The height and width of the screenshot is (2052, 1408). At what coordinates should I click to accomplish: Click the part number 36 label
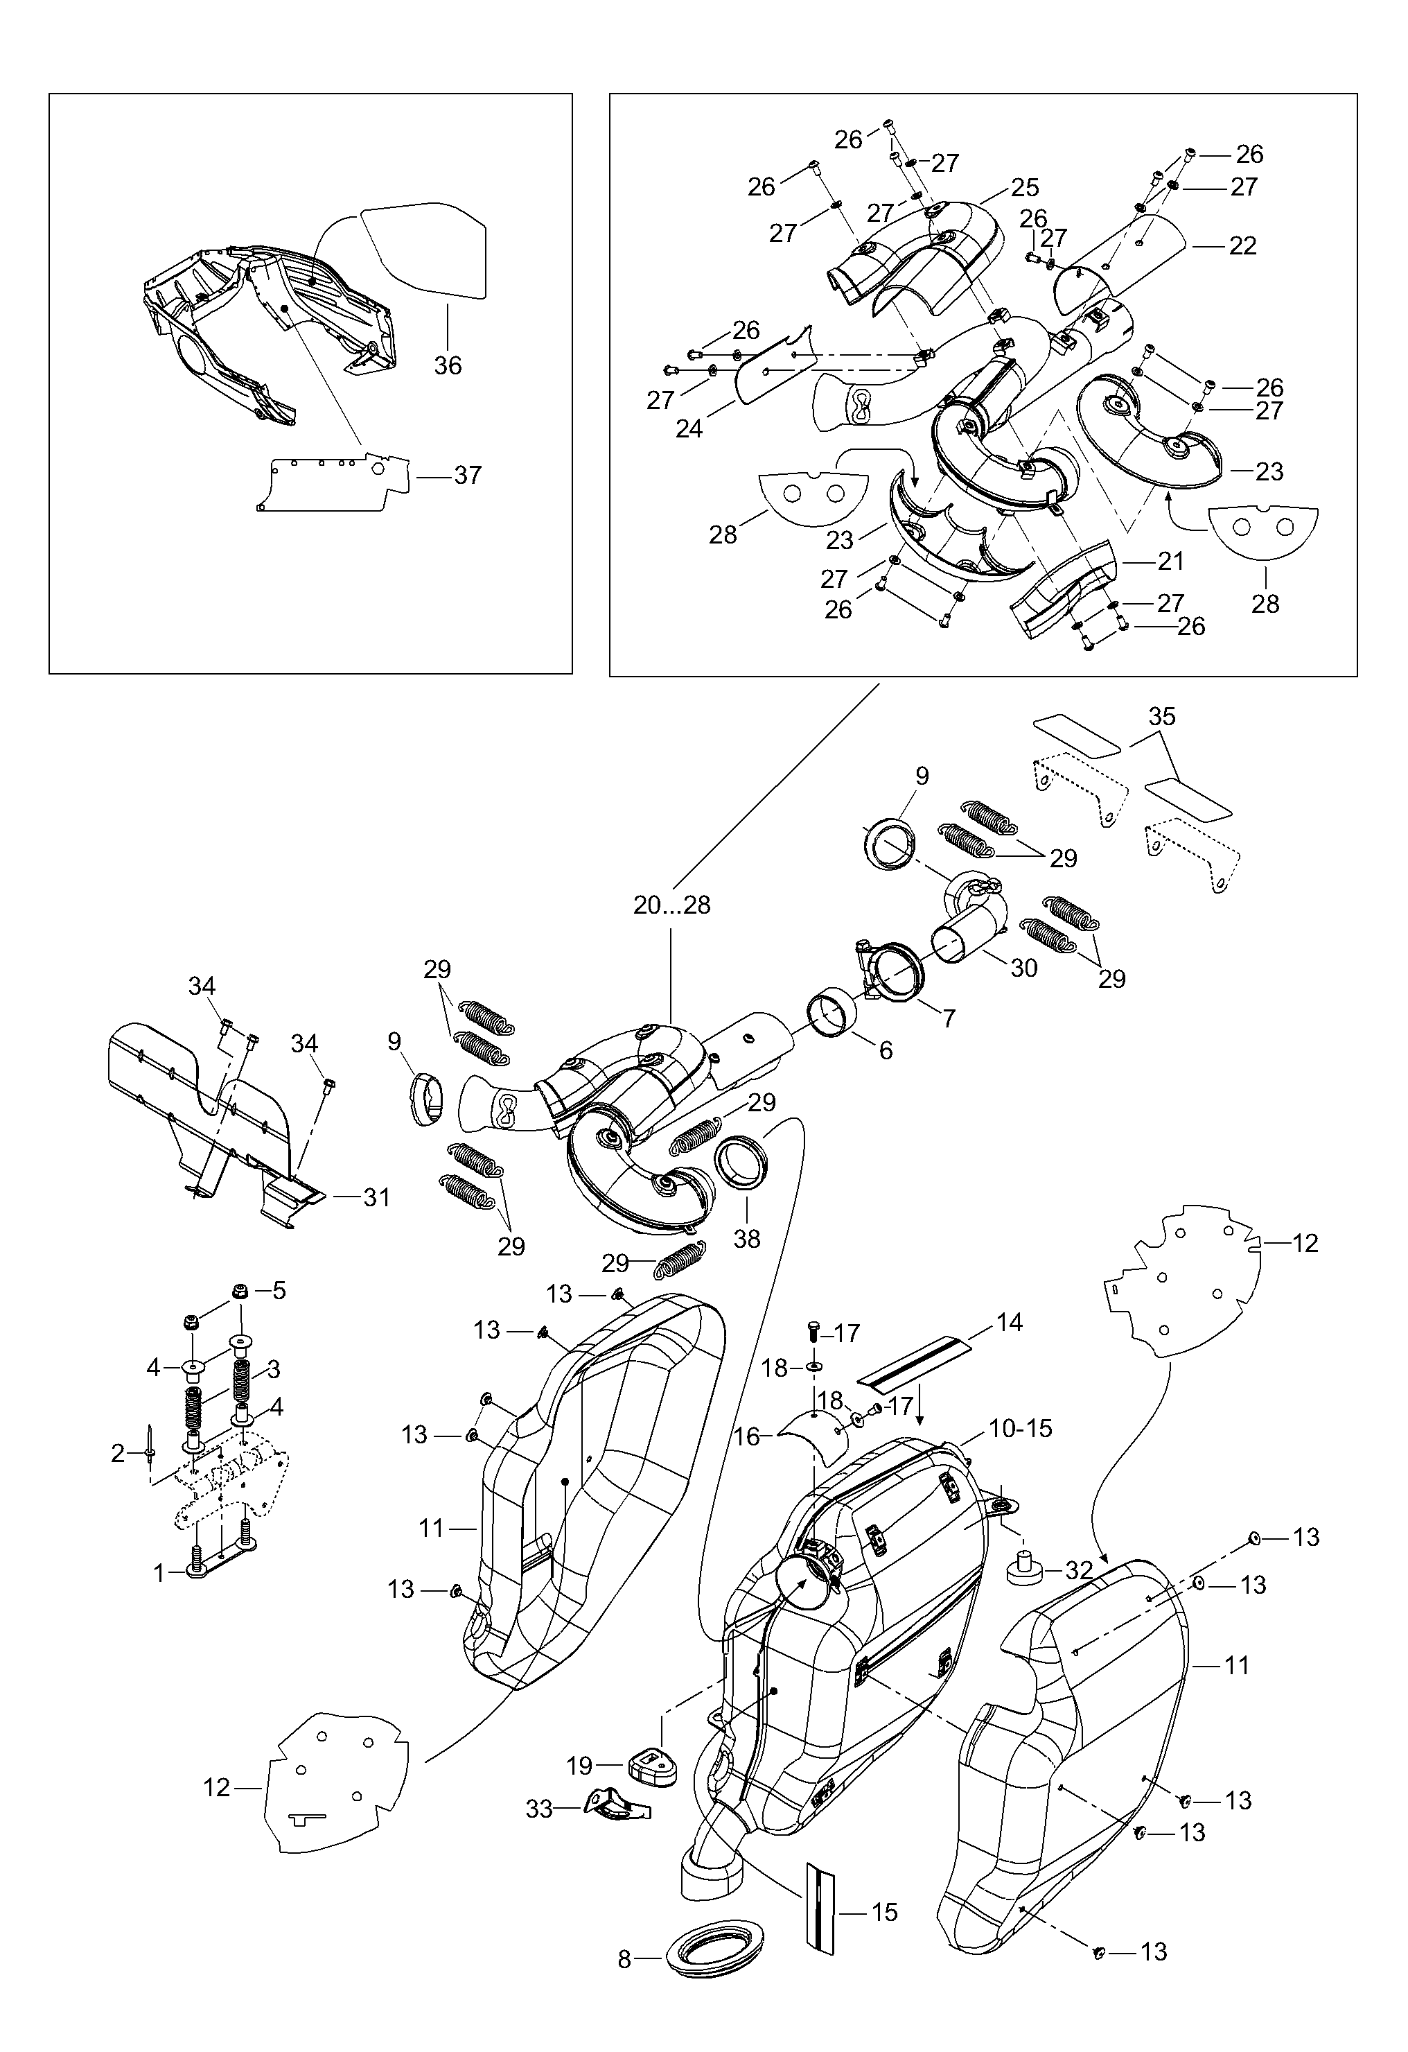coord(448,365)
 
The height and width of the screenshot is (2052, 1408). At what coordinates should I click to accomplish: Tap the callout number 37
coord(467,475)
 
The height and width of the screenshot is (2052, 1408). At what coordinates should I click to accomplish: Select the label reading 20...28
coord(671,905)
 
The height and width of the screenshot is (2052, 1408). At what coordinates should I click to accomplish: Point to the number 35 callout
coord(1162,716)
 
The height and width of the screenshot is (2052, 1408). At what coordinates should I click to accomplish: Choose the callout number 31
coord(377,1197)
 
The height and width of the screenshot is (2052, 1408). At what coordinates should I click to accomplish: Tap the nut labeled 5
coord(238,1292)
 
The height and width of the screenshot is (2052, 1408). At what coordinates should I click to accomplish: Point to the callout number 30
coord(1023,968)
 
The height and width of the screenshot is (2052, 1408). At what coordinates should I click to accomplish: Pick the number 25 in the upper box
coord(1025,187)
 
